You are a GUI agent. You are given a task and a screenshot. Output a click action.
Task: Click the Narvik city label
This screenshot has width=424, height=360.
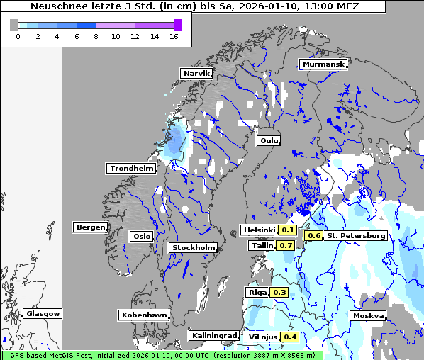pos(196,73)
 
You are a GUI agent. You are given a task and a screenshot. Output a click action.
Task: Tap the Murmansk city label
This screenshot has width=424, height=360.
pos(323,64)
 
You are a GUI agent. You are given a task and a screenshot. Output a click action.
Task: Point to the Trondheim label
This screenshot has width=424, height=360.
pos(131,168)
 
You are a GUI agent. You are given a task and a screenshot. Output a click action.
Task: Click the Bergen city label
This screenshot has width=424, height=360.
pos(89,227)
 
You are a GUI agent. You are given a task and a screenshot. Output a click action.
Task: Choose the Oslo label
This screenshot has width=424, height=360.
pos(141,236)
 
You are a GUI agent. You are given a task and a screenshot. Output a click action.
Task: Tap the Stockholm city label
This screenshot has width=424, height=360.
pos(193,247)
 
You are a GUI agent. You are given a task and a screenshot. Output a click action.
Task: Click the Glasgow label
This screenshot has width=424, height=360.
pos(43,313)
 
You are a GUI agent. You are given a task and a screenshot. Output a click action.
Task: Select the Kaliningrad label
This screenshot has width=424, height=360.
pos(213,335)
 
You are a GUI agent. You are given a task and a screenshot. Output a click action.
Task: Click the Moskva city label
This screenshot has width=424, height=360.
pos(368,315)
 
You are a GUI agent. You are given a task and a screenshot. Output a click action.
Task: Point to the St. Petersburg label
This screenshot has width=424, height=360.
pos(356,235)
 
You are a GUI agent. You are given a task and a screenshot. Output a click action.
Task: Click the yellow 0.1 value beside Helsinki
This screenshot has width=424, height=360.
pos(288,230)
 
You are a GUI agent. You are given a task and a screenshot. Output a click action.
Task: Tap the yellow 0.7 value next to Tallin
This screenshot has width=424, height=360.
pos(286,245)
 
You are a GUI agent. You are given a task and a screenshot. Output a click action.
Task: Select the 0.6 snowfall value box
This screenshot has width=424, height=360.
pos(313,235)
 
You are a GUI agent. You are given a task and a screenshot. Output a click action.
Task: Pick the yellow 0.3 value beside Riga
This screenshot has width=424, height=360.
pos(279,292)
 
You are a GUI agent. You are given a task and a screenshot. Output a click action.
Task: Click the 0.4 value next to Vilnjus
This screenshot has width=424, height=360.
pos(289,337)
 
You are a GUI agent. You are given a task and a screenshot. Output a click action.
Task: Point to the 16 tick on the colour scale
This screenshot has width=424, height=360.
pos(173,36)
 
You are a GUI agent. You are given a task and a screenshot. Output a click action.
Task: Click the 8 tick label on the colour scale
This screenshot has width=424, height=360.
pos(96,36)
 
